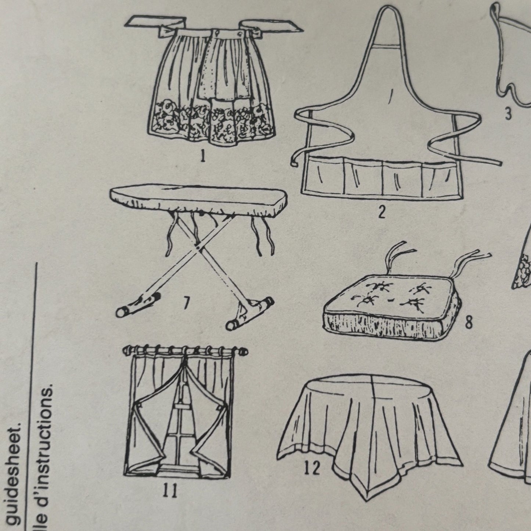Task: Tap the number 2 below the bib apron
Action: (382, 212)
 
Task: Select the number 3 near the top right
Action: (508, 114)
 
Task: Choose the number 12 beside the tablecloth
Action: (312, 469)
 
